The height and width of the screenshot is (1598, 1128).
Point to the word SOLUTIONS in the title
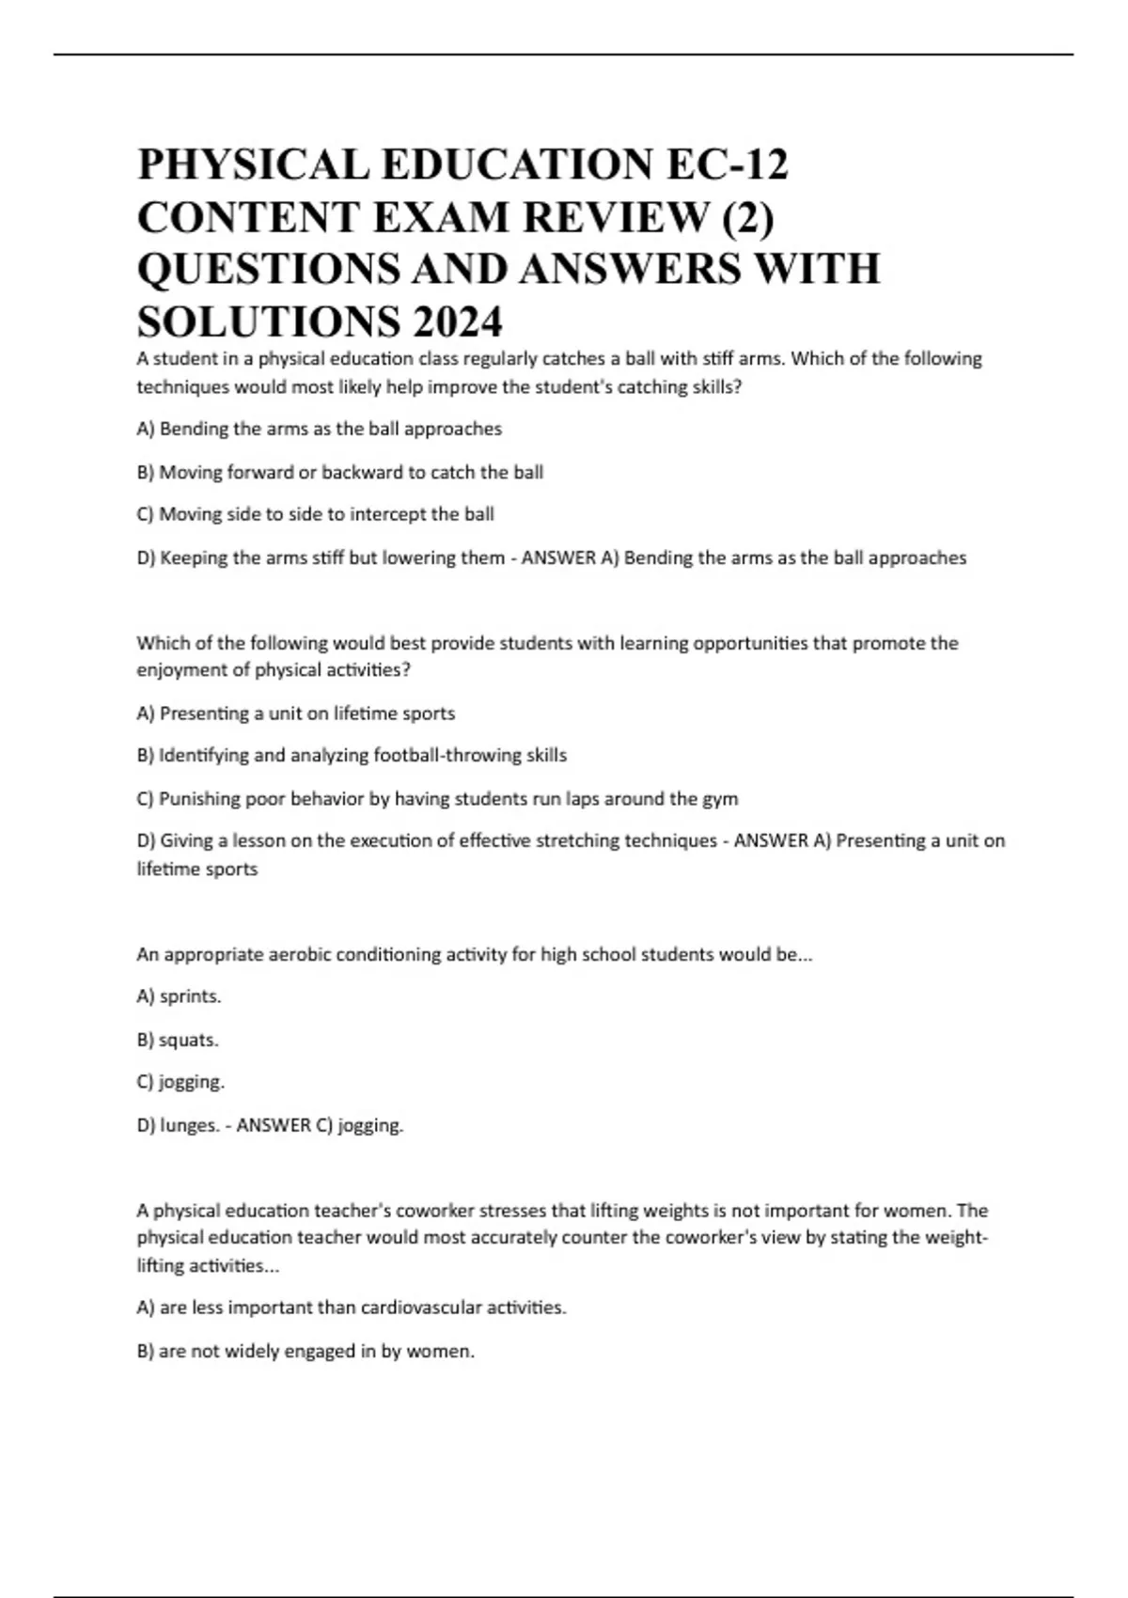click(268, 322)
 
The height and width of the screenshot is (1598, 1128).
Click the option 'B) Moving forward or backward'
click(339, 472)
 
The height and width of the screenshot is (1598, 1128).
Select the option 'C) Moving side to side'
click(315, 514)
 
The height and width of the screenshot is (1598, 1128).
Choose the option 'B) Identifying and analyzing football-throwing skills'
click(352, 755)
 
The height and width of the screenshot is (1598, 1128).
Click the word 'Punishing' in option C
click(199, 799)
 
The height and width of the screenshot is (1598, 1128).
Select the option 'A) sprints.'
click(179, 996)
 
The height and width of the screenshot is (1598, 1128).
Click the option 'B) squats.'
click(178, 1040)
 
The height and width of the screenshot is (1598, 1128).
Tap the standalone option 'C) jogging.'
click(180, 1082)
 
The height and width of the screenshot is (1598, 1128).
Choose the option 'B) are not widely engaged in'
click(305, 1351)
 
